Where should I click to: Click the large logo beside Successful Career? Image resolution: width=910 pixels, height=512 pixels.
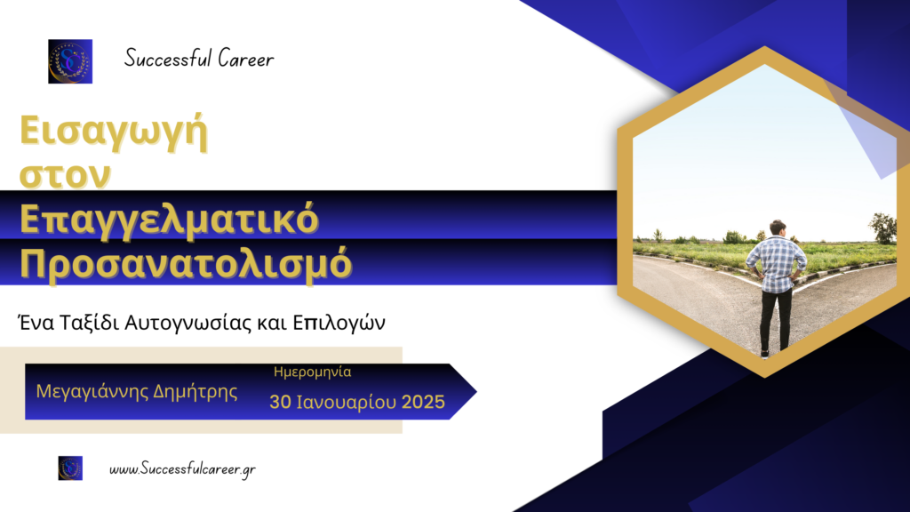[x=70, y=61]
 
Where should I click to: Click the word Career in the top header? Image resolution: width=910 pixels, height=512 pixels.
[x=245, y=59]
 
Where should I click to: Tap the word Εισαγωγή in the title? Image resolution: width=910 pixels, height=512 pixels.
[x=114, y=132]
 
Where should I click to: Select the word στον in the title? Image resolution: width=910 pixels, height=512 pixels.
[x=65, y=174]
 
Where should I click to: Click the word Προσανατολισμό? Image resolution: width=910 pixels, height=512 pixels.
[x=186, y=264]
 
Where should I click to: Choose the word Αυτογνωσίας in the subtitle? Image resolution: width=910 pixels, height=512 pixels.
[x=188, y=324]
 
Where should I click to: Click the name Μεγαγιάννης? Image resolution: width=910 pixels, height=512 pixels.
[x=92, y=392]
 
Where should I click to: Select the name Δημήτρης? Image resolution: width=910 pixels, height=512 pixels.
[x=195, y=392]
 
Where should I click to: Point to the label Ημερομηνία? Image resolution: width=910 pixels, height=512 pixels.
[x=312, y=372]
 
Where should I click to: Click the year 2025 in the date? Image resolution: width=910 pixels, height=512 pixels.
[x=423, y=402]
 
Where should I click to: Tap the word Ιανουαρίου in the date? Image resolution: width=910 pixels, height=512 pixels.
[x=346, y=403]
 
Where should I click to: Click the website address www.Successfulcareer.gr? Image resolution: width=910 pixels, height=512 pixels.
[x=182, y=469]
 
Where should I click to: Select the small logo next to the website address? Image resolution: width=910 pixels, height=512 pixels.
[x=70, y=468]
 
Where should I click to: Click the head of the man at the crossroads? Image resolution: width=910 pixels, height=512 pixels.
[x=777, y=228]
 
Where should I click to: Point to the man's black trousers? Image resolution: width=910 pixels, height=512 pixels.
[x=775, y=319]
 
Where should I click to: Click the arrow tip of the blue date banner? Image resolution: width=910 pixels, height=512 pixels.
[x=476, y=392]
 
